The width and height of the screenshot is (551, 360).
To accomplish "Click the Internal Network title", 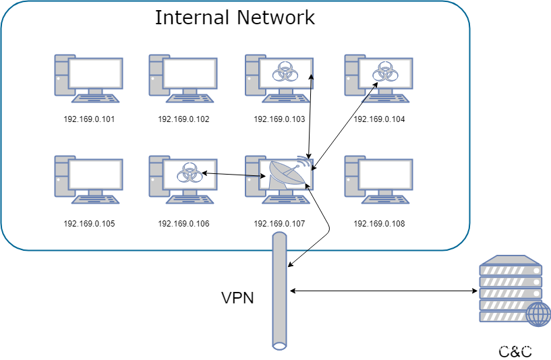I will (x=235, y=17).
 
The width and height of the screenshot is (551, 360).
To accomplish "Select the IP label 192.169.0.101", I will (x=89, y=119).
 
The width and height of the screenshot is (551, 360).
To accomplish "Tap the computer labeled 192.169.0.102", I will (x=183, y=78).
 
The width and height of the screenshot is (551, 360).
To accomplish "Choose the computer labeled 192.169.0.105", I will (x=88, y=179).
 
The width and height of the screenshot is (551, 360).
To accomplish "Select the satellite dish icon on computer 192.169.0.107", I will (x=285, y=175).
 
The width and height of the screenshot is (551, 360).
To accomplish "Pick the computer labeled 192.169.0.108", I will (x=378, y=179).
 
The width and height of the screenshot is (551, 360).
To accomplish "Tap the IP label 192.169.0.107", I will (x=279, y=223).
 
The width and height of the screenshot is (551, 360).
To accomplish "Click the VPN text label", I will (x=237, y=297).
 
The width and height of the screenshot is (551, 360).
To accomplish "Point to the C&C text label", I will (x=515, y=351).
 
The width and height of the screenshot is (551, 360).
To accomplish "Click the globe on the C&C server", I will (x=538, y=314).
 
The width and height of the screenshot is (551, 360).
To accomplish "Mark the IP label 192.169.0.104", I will (x=379, y=119).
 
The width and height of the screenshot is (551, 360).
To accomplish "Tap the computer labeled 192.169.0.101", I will (x=88, y=78).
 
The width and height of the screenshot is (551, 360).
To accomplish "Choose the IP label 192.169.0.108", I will (x=379, y=223).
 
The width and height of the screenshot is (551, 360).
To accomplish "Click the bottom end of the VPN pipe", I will (x=280, y=345).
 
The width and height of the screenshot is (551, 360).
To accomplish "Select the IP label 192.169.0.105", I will (x=89, y=223).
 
